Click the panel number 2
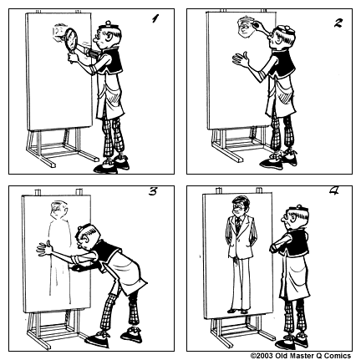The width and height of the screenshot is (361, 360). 338,22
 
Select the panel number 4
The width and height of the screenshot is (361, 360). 333,192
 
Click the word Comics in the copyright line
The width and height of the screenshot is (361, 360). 338,354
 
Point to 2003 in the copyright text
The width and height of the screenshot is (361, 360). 268,354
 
